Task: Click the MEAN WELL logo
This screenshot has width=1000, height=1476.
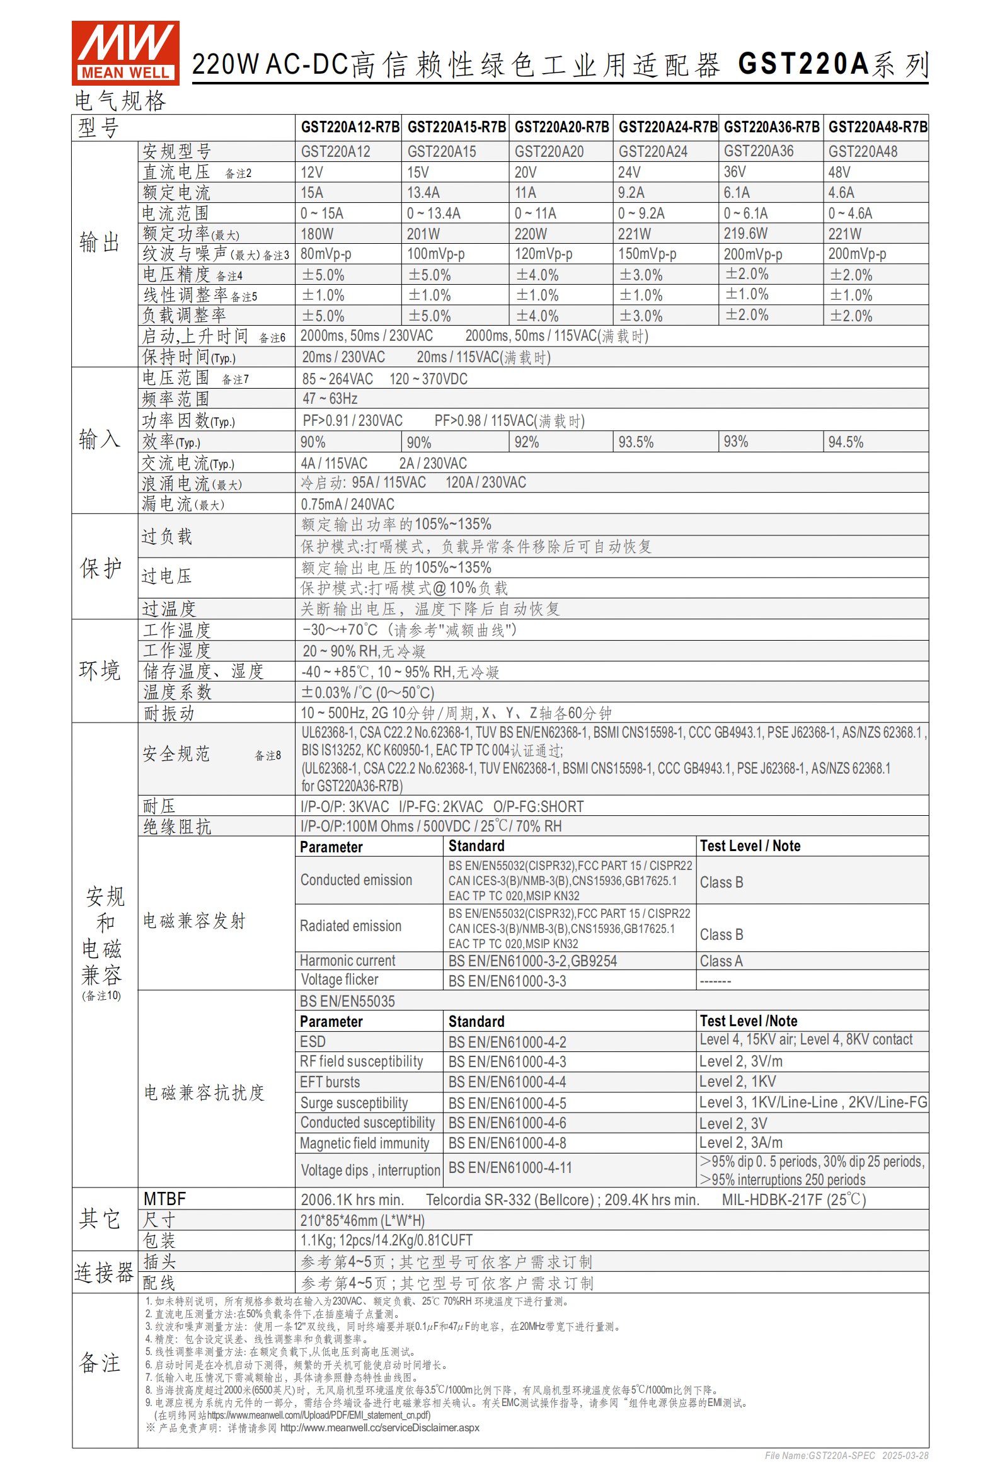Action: (x=125, y=53)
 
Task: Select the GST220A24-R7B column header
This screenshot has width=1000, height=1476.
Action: (x=667, y=127)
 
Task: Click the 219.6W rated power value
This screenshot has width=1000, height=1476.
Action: (x=745, y=234)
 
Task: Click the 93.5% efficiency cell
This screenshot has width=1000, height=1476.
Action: (x=635, y=442)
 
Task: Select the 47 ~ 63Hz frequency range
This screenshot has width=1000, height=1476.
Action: (x=330, y=399)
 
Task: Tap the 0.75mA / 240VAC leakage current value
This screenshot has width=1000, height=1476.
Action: (x=347, y=504)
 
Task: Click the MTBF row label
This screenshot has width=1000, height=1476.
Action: (x=164, y=1199)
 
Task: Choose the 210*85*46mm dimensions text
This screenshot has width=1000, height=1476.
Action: (x=362, y=1220)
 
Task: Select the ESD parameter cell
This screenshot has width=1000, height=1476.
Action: (x=313, y=1041)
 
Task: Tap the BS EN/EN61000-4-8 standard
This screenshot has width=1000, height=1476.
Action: (x=507, y=1143)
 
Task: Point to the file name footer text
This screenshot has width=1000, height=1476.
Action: (x=846, y=1455)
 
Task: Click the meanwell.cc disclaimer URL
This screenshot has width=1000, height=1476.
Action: (x=379, y=1427)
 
